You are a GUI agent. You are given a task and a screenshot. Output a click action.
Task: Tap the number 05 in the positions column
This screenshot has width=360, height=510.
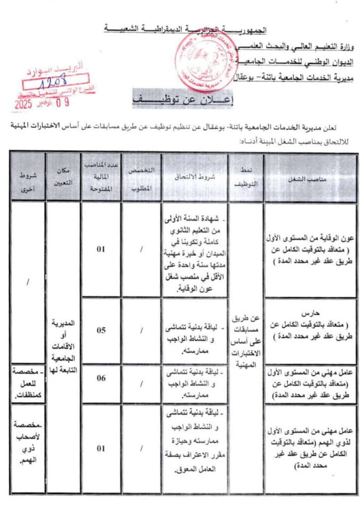[101, 330]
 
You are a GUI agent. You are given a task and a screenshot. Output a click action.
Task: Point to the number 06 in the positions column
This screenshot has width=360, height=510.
[101, 379]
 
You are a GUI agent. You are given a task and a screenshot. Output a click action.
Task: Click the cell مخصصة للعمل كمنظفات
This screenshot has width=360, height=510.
[27, 383]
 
